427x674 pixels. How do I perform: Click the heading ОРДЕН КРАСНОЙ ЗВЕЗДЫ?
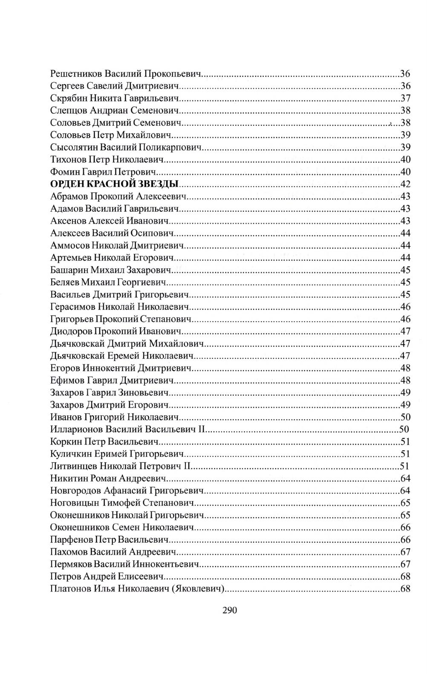pyautogui.click(x=114, y=184)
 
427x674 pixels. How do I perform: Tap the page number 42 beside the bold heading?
pyautogui.click(x=405, y=184)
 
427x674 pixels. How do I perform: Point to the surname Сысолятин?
pyautogui.click(x=74, y=147)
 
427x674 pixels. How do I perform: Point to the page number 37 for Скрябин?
pyautogui.click(x=405, y=98)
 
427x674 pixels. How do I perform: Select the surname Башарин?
pyautogui.click(x=68, y=270)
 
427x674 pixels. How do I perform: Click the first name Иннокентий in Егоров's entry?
pyautogui.click(x=108, y=368)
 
